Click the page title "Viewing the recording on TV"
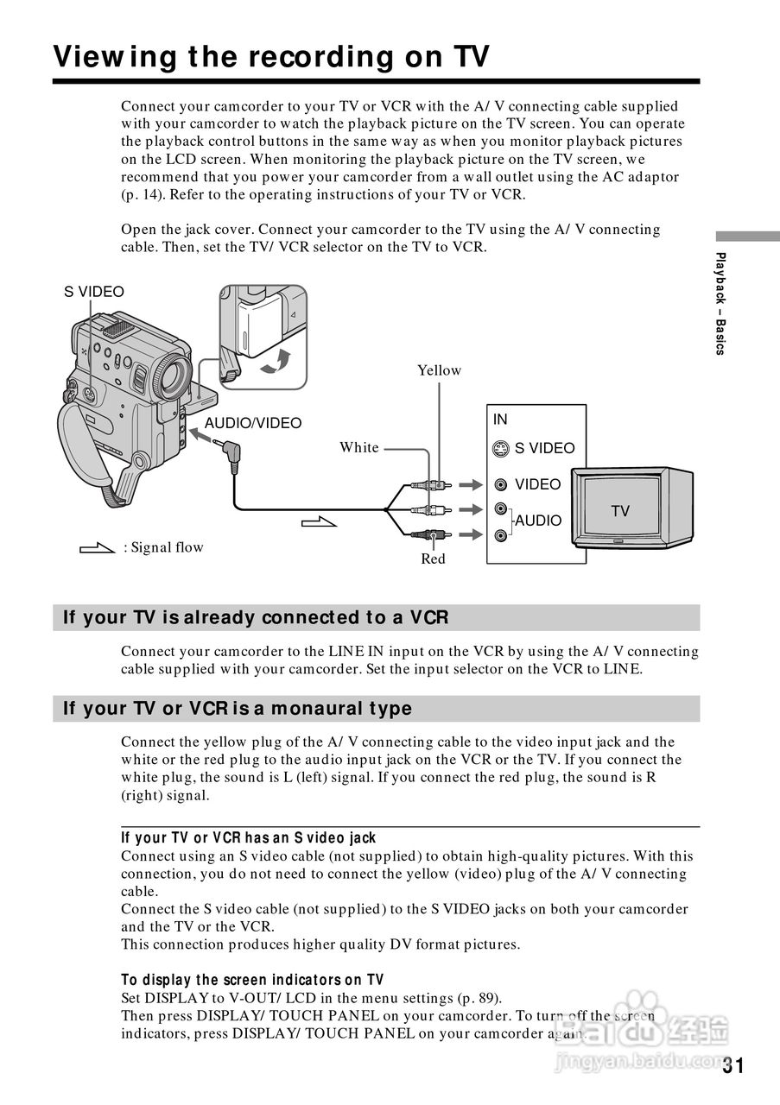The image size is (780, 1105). click(271, 57)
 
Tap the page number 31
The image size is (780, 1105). click(732, 1065)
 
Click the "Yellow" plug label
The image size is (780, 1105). click(440, 370)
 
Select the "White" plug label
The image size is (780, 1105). click(359, 447)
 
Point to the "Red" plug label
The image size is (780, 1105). click(433, 559)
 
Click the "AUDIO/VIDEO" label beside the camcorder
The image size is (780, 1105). click(253, 423)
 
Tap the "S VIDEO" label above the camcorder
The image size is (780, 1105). click(94, 292)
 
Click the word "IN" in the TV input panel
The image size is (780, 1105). click(500, 420)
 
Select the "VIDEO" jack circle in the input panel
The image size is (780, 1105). click(501, 484)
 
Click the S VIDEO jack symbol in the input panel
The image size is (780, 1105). click(501, 449)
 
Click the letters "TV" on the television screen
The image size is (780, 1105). click(620, 511)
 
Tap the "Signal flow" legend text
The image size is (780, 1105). click(164, 547)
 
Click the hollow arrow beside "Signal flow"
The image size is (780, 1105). click(97, 547)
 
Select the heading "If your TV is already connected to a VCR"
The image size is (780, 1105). click(256, 618)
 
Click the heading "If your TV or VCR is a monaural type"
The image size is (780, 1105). click(238, 709)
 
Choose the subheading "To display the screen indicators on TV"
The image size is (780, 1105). click(252, 980)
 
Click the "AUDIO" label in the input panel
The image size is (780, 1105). click(538, 521)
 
